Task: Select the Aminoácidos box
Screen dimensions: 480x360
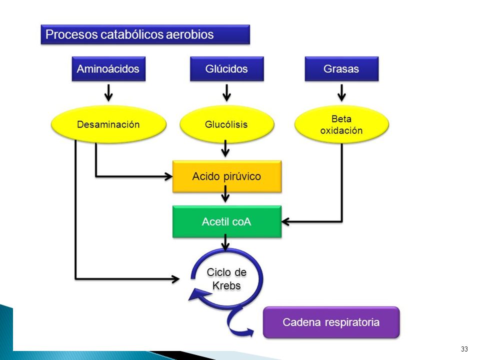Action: tap(108, 69)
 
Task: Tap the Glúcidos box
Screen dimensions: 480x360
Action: tap(227, 69)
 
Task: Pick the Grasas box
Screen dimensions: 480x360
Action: tap(341, 69)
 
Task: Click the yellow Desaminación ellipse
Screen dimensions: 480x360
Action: tap(108, 124)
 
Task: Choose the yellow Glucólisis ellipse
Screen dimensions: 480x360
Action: tap(227, 124)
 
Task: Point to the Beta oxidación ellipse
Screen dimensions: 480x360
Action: tap(341, 124)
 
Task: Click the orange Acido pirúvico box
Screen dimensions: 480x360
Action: tap(227, 176)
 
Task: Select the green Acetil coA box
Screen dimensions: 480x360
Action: tap(227, 221)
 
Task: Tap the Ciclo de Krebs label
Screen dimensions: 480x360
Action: tap(226, 279)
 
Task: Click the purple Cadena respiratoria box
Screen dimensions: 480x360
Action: tap(331, 322)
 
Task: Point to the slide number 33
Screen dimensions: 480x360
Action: tap(464, 349)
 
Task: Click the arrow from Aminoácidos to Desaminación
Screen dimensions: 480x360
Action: tap(108, 93)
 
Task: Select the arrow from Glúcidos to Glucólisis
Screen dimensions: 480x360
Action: tap(226, 93)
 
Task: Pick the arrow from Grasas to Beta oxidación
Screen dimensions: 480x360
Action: tap(341, 93)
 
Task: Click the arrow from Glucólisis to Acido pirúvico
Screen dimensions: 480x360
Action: tap(225, 148)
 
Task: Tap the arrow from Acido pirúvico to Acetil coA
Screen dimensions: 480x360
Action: tap(225, 194)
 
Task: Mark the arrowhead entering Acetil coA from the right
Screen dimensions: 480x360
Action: tap(285, 221)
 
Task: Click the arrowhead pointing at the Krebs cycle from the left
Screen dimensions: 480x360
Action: tap(175, 279)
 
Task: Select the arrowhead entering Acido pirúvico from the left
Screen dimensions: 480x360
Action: tap(168, 176)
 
